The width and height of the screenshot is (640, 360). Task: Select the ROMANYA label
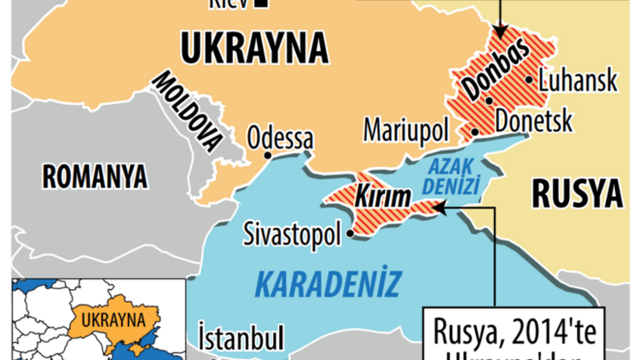tap(95, 177)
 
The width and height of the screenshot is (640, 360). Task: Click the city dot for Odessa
tap(268, 155)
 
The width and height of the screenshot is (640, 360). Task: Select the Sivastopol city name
tap(293, 231)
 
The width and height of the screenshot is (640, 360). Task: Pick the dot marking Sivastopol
tap(350, 230)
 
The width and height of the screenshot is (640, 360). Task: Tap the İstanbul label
tap(241, 338)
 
